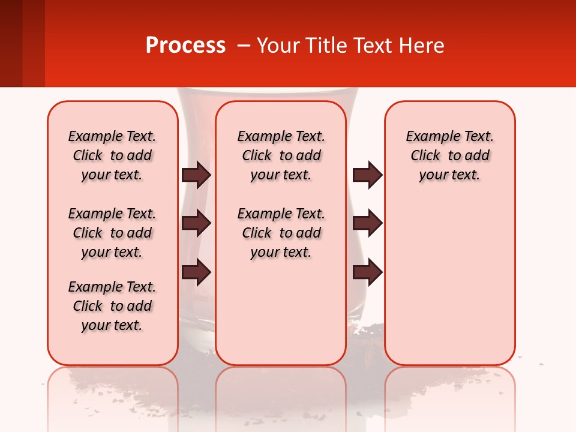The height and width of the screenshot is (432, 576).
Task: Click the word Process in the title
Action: tap(185, 46)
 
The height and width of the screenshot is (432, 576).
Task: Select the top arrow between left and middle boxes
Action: tap(196, 175)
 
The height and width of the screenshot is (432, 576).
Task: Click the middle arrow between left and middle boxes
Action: tap(196, 223)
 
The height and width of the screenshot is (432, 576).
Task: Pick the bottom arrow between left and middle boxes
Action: tap(196, 273)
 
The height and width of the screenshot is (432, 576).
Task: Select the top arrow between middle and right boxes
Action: tap(367, 175)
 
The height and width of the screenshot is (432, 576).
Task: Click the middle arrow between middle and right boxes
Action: tap(367, 223)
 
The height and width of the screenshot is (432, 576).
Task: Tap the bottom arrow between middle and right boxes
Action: tap(367, 272)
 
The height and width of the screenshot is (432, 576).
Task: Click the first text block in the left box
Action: tap(112, 155)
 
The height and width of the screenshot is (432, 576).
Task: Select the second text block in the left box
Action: tap(112, 233)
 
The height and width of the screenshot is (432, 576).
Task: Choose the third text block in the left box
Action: tap(112, 306)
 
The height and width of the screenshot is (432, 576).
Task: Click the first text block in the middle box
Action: tap(281, 155)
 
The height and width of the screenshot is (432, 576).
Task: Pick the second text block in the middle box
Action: tap(281, 233)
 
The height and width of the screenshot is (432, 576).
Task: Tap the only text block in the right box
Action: tap(449, 155)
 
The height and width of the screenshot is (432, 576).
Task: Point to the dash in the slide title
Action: tap(244, 46)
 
